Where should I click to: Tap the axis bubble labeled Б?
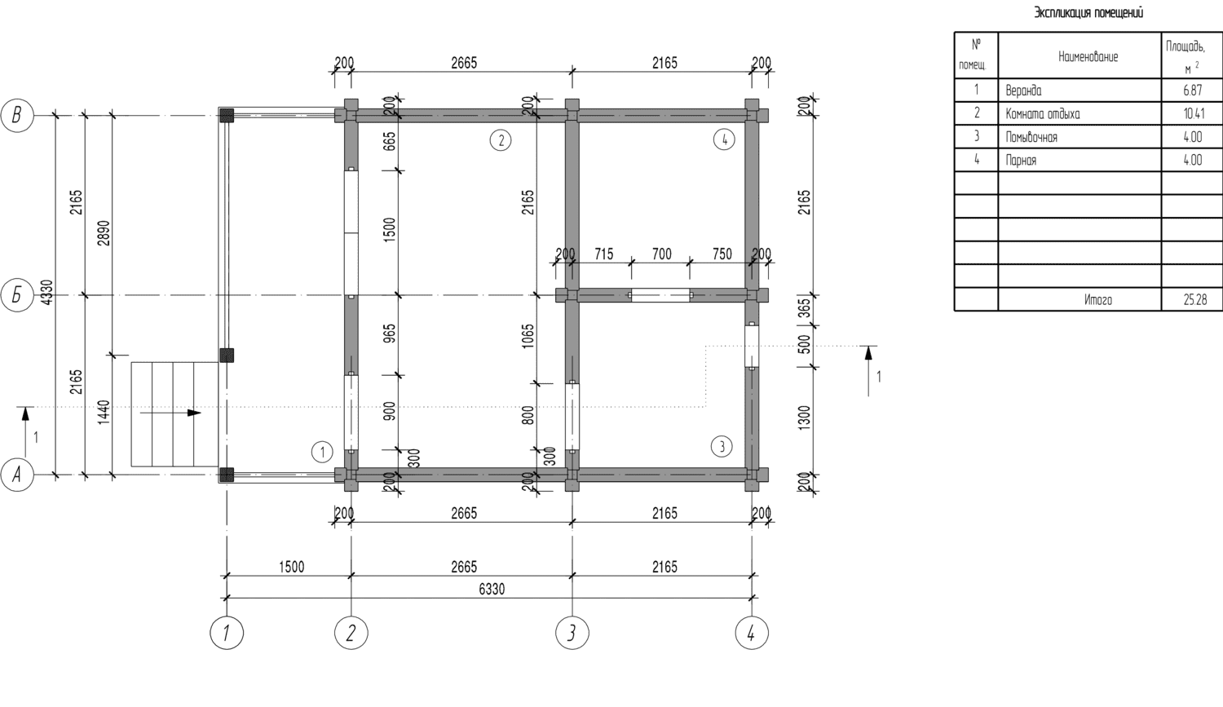(17, 295)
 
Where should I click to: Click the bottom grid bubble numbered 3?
(572, 633)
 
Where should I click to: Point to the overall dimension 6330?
(492, 590)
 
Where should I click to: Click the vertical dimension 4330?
(47, 293)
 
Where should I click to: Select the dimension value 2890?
(104, 233)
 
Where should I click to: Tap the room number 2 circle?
(501, 140)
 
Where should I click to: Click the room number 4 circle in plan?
(724, 140)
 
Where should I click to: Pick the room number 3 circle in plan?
(722, 447)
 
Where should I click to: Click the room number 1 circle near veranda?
(322, 452)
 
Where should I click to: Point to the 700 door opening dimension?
(662, 254)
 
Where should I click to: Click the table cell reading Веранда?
(1023, 91)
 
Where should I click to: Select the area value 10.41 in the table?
(1192, 113)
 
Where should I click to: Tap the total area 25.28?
(1194, 300)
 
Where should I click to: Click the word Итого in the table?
(1098, 300)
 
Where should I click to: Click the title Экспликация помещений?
(1088, 12)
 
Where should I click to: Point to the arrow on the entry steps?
(171, 413)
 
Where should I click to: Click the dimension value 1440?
(104, 413)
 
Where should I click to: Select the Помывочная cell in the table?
(1031, 137)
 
